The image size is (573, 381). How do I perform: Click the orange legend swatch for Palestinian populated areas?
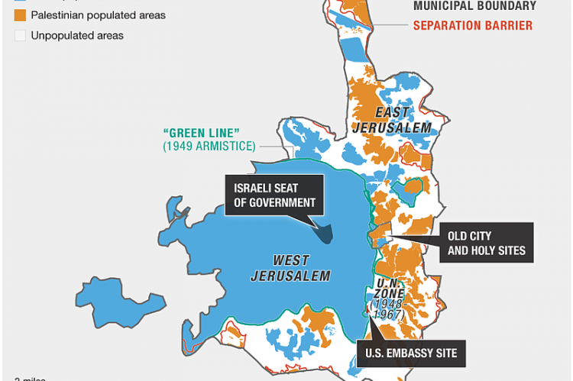(x=19, y=15)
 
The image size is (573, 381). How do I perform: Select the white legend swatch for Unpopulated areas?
(x=19, y=35)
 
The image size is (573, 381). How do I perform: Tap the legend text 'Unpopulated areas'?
(x=77, y=35)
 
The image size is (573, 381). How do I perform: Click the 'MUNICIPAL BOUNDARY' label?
(x=474, y=6)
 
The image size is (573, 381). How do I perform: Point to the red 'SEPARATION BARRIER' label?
(x=473, y=25)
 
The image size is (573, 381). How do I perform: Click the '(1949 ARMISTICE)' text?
(x=209, y=146)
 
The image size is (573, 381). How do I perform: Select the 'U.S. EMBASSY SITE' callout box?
(x=412, y=354)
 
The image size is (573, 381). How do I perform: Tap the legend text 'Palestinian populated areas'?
(x=98, y=15)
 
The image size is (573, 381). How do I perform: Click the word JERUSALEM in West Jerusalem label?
(x=290, y=276)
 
